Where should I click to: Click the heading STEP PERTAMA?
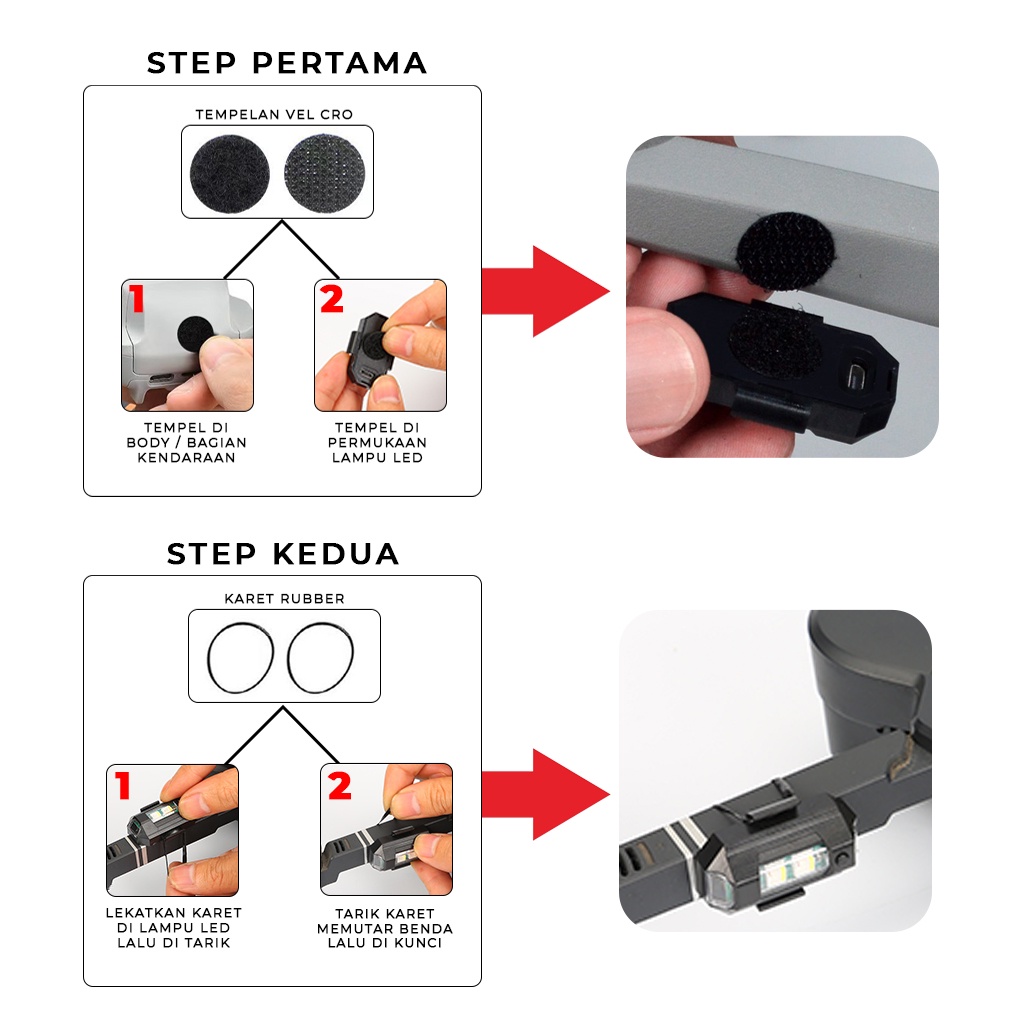[x=287, y=63]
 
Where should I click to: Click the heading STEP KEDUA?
[x=283, y=554]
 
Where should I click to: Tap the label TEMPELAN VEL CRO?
[x=274, y=114]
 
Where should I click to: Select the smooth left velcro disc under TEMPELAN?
[x=230, y=174]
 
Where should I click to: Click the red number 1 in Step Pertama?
[x=136, y=299]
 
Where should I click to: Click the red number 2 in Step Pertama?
[x=332, y=299]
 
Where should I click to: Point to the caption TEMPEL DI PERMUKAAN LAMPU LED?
[x=377, y=443]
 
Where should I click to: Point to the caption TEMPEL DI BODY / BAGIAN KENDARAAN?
[x=187, y=443]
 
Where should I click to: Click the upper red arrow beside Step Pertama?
[x=545, y=291]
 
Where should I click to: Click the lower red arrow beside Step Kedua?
[x=545, y=794]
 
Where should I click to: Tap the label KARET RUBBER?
[x=284, y=599]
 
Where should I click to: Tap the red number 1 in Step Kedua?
[x=123, y=785]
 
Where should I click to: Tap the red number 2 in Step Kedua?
[x=340, y=785]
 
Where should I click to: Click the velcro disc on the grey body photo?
[x=786, y=251]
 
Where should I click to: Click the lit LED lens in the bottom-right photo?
[x=793, y=870]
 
